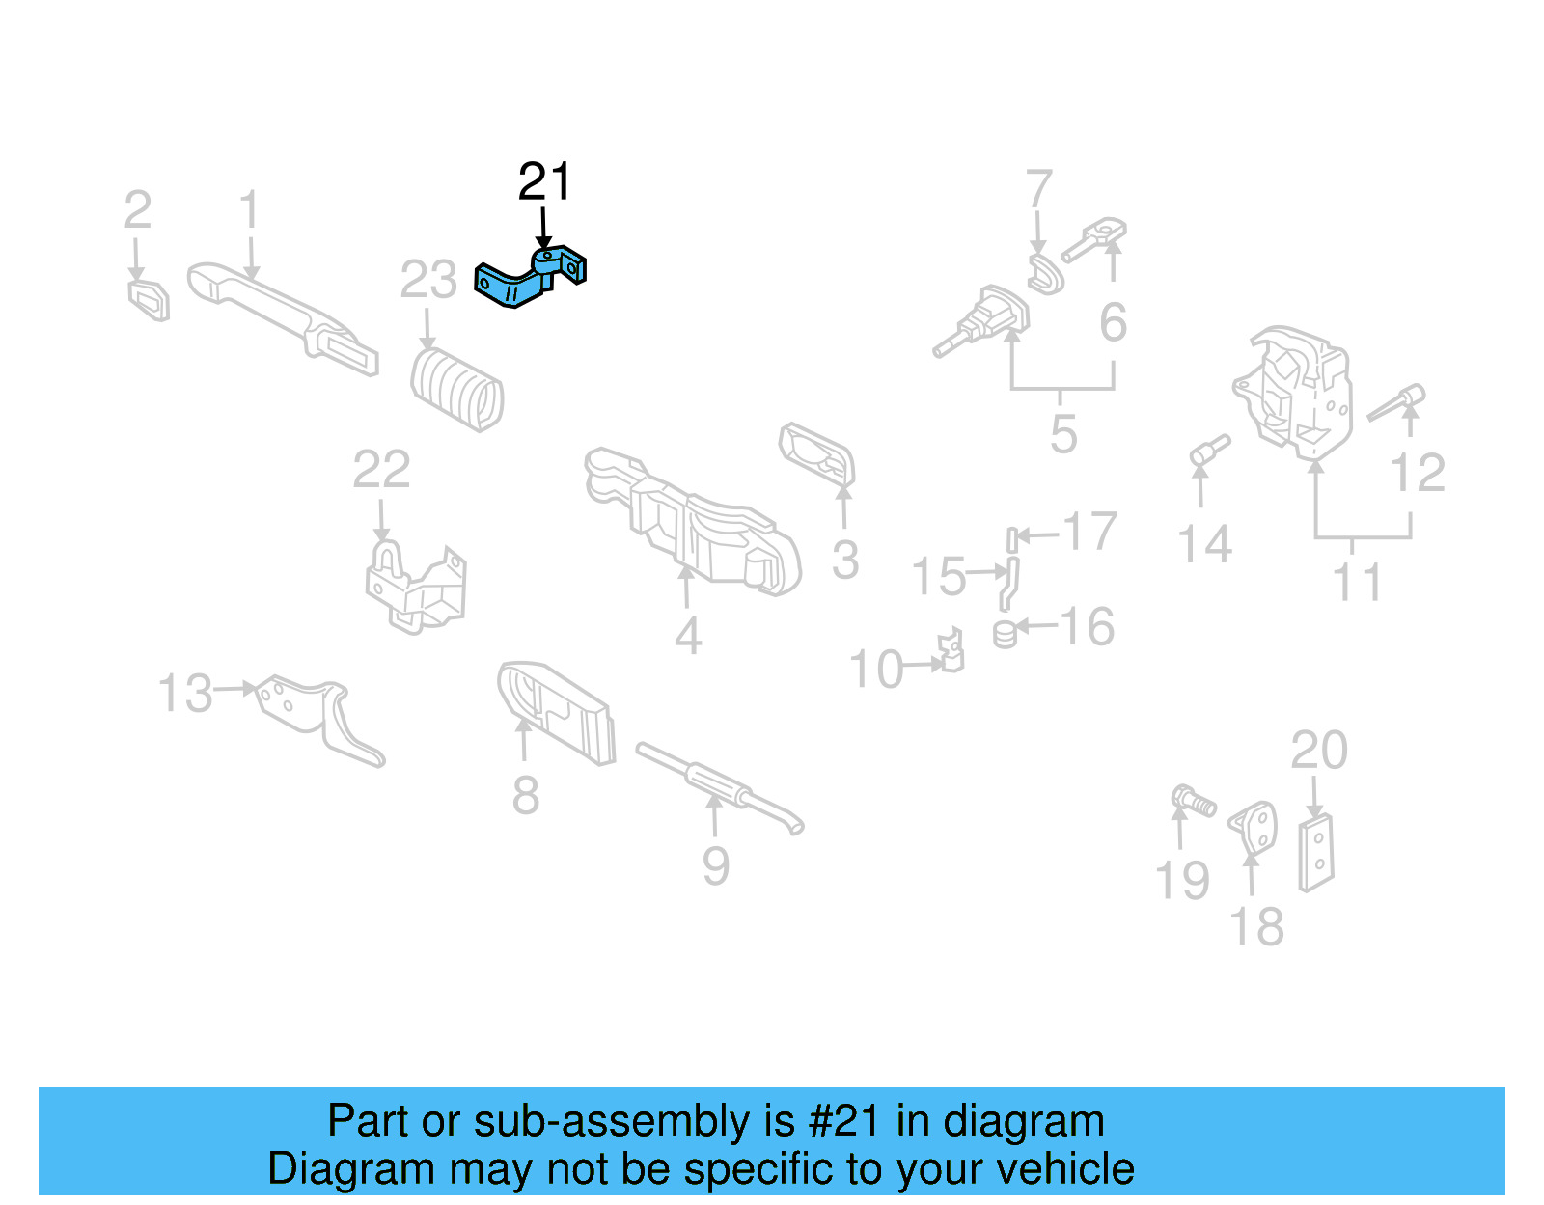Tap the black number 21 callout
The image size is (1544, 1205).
pos(545,181)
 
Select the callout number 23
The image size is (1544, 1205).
pos(427,281)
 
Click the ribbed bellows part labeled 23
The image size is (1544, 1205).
pos(457,390)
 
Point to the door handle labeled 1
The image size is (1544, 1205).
pos(280,314)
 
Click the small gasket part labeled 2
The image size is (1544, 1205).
pos(150,299)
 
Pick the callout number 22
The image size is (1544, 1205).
pos(381,470)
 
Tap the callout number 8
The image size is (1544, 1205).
pos(525,796)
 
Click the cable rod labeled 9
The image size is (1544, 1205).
pos(719,786)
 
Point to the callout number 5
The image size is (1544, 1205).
pos(1063,434)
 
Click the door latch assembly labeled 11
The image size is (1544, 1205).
pos(1293,391)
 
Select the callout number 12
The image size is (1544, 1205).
pos(1418,473)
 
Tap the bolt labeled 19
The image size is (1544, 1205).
pos(1194,801)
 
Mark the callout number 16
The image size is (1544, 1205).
pos(1088,627)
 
